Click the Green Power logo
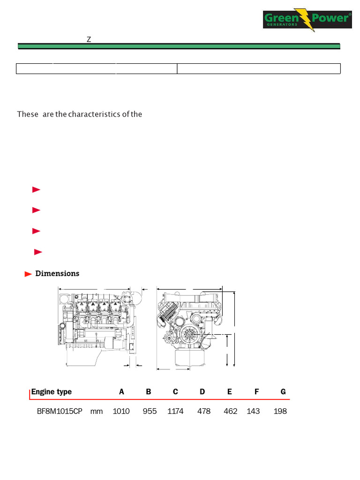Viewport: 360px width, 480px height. pos(307,20)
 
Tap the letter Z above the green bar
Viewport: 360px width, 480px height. pos(89,39)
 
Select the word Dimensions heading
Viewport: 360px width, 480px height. pos(57,274)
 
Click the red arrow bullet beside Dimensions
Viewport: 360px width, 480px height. pos(28,274)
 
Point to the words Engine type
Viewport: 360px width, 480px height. pos(52,392)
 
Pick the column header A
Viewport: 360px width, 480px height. pos(122,392)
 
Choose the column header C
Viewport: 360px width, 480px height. pos(175,392)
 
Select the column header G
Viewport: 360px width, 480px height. pos(283,392)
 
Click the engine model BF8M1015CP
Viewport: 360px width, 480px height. pos(60,412)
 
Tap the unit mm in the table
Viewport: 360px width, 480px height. pos(97,412)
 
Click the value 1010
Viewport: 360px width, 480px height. pos(121,412)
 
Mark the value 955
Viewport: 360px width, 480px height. pos(150,412)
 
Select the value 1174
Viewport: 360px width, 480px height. pos(175,412)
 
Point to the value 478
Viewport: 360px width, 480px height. pos(204,412)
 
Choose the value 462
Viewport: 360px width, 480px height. pos(231,412)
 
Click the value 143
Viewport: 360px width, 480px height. pos(253,412)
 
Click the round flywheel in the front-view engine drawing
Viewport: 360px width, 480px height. pos(191,334)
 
